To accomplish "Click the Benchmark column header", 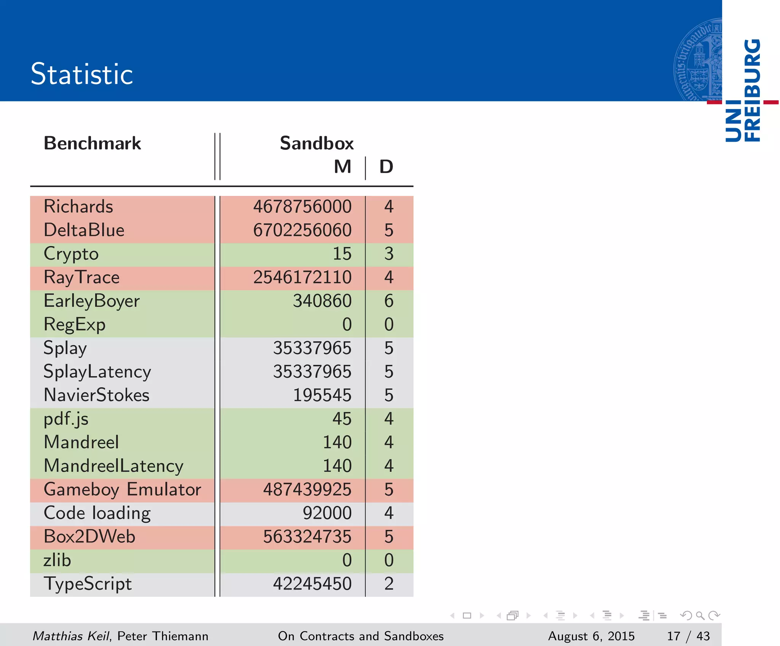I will point(92,143).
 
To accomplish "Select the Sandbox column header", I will point(316,143).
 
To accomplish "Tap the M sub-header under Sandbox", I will point(342,167).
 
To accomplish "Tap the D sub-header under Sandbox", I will point(386,167).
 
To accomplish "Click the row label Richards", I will point(78,207).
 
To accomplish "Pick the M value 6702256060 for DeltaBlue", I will point(302,230).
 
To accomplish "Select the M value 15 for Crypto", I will point(342,254).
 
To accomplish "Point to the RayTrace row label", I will point(82,277).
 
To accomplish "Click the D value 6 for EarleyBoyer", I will point(388,301).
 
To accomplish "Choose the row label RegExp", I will point(75,325).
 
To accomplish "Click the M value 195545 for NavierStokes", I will point(322,395).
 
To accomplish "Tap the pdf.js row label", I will point(66,419).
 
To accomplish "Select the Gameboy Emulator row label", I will point(122,489).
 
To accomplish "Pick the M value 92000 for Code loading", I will point(327,513).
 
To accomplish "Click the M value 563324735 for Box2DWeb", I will point(307,537).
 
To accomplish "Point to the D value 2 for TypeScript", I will point(388,583).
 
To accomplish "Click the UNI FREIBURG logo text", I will point(743,91).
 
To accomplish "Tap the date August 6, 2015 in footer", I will point(591,636).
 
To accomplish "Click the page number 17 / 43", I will point(688,636).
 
